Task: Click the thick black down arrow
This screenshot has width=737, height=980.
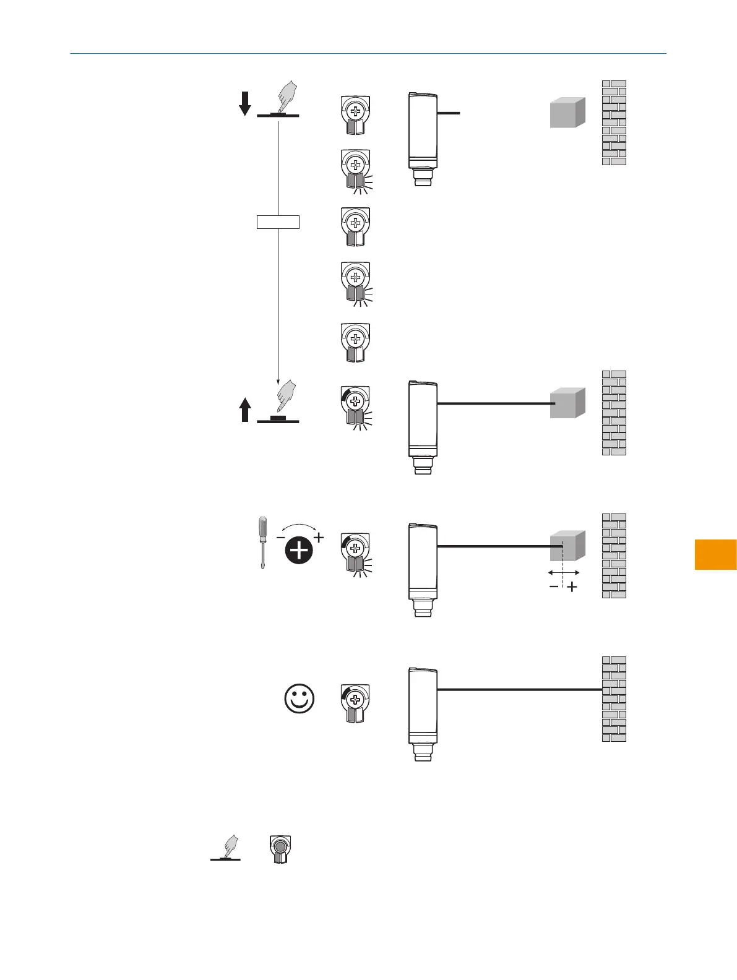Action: click(245, 103)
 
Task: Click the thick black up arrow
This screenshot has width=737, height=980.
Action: click(245, 410)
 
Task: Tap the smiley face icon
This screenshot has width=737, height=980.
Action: click(300, 699)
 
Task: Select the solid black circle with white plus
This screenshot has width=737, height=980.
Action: click(300, 550)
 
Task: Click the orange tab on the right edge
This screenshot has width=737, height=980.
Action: click(716, 554)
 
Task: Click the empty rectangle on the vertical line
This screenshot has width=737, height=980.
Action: click(278, 221)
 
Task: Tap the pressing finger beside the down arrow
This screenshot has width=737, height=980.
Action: click(286, 97)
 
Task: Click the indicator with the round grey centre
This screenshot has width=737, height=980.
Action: click(280, 849)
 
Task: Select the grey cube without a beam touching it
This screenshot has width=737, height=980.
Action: click(567, 113)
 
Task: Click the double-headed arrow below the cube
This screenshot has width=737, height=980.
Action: click(564, 573)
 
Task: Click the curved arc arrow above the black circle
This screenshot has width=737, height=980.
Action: click(300, 527)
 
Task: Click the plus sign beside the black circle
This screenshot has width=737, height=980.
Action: click(319, 538)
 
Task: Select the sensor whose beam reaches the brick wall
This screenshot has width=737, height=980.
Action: click(423, 711)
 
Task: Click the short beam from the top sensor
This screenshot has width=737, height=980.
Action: click(449, 113)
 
